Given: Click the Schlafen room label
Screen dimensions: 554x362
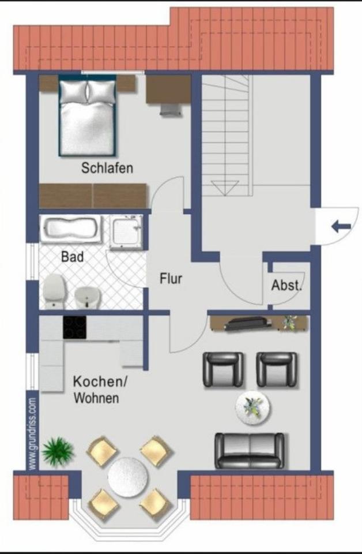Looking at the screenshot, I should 107,169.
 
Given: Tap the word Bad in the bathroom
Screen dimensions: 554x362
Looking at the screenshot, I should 73,257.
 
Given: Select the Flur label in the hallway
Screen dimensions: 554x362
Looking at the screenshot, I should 171,279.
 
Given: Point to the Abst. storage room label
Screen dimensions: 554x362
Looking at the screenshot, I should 287,285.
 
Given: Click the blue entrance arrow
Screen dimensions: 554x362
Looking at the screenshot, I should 341,226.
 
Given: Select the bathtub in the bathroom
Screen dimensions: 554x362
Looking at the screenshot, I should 71,229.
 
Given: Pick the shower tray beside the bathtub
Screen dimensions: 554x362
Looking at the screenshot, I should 126,232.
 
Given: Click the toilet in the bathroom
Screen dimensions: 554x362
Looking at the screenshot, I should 54,290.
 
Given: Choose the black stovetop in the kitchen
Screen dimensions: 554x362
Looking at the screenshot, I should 74,328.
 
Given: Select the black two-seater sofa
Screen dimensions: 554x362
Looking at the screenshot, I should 250,451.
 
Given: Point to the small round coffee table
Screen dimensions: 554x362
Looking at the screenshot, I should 252,407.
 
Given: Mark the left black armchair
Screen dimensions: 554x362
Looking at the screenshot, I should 223,369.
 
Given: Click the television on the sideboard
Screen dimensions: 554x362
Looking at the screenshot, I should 245,324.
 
